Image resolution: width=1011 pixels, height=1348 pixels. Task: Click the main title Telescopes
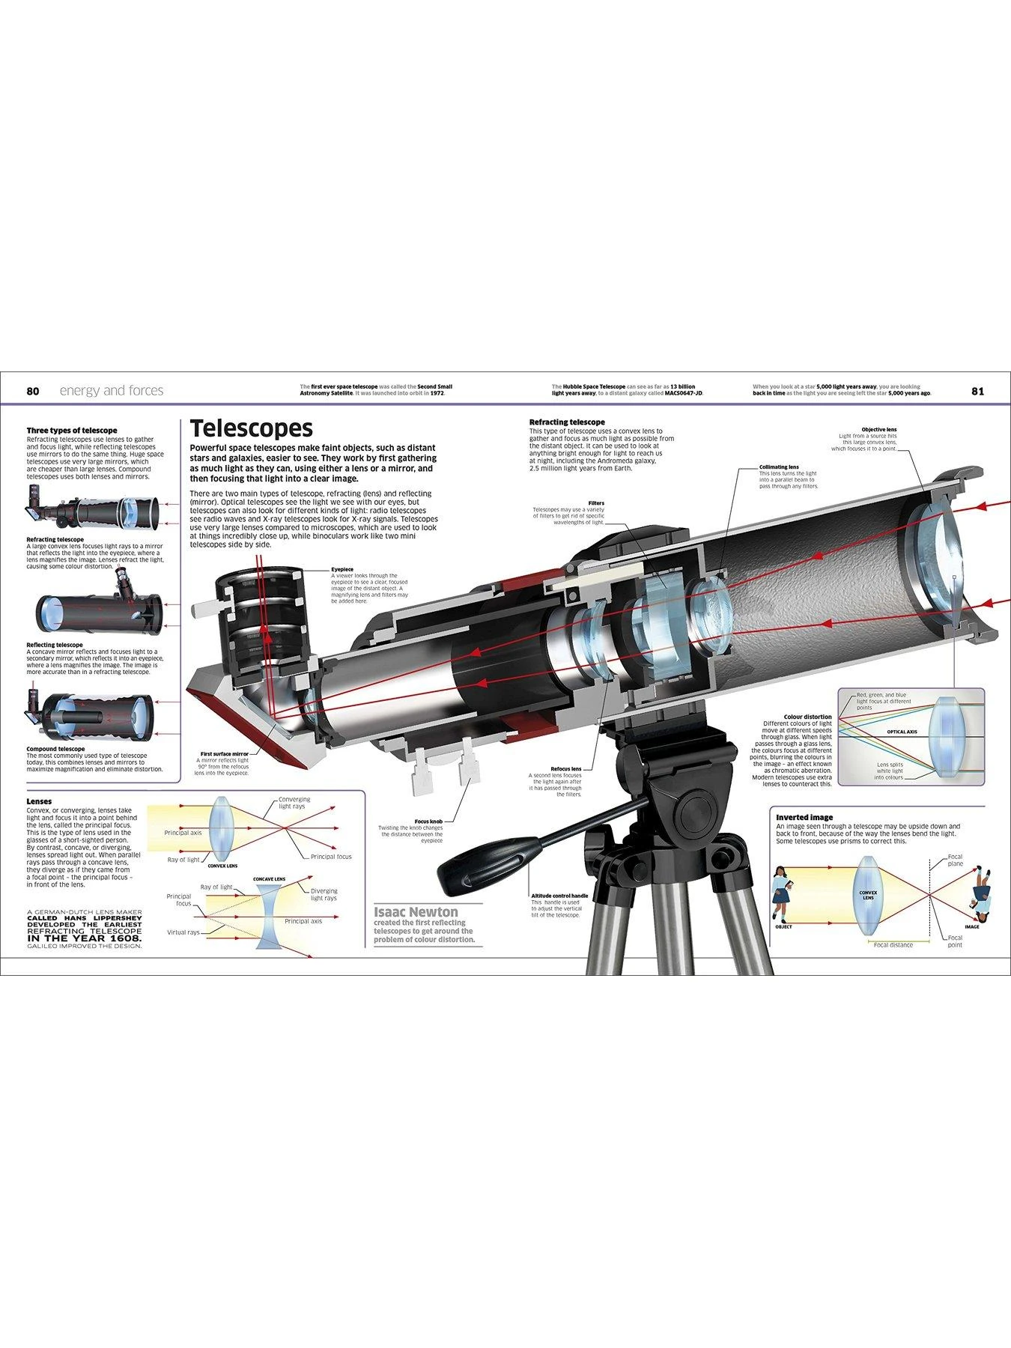click(x=251, y=428)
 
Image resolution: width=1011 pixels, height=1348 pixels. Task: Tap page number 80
click(x=32, y=391)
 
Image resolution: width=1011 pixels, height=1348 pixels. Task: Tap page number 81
click(x=977, y=391)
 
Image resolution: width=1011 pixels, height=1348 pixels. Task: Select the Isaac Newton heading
click(x=416, y=911)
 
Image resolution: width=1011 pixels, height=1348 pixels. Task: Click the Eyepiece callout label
click(x=342, y=569)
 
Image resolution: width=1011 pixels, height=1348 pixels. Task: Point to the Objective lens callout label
click(x=878, y=430)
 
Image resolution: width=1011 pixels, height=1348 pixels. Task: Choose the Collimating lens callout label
click(x=779, y=467)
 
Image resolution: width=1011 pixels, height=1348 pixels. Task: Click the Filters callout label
click(x=596, y=503)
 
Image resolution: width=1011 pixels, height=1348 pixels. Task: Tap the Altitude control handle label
click(x=559, y=896)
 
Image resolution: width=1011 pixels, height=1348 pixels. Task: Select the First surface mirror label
click(x=224, y=754)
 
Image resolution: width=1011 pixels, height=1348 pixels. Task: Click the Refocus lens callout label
click(x=565, y=768)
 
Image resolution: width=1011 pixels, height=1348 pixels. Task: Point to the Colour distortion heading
click(x=807, y=717)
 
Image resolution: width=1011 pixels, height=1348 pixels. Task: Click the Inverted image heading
click(x=804, y=817)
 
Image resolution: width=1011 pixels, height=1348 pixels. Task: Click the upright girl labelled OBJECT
click(x=780, y=893)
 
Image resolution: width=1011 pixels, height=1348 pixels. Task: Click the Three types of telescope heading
click(x=72, y=431)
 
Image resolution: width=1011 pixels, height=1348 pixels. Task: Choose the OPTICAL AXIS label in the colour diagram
click(x=902, y=732)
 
